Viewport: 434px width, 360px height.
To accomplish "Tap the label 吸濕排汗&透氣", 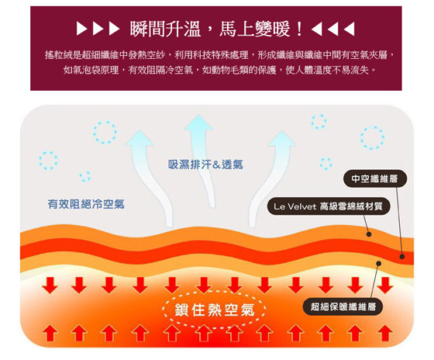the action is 205,164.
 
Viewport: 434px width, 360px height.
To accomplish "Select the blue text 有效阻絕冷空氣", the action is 86,204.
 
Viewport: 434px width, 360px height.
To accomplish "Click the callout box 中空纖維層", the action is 375,178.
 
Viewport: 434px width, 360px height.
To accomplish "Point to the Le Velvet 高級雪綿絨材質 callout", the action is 329,206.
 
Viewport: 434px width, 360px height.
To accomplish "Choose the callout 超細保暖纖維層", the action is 343,306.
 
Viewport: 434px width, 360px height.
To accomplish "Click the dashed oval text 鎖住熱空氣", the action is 215,310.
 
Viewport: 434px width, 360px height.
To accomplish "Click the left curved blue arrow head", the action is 139,138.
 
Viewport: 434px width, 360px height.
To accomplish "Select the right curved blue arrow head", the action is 282,139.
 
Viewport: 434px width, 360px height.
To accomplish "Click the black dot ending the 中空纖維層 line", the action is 402,257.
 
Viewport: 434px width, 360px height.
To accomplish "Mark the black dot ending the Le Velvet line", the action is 369,234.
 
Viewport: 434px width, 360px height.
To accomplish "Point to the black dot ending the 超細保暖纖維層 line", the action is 379,263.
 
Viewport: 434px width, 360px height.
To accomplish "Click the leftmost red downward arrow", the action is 50,285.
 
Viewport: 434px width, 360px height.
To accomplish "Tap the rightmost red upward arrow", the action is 385,334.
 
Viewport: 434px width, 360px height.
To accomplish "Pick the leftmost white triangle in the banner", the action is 81,29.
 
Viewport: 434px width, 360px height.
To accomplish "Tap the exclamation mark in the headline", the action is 299,29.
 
